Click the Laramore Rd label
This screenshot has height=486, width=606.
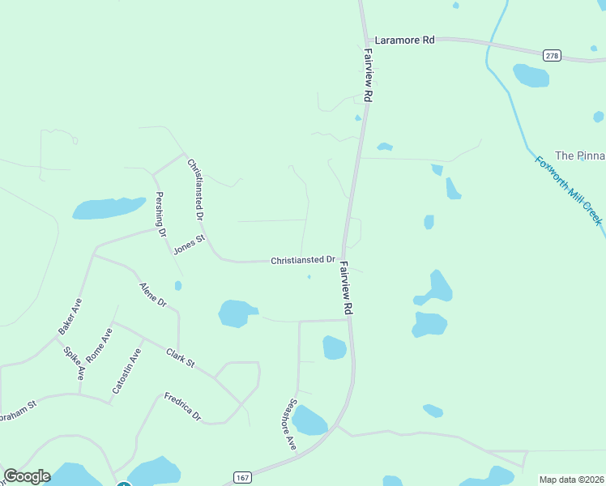404,39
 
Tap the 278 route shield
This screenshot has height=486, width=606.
552,55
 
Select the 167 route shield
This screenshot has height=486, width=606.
242,477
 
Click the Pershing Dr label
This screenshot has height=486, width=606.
161,214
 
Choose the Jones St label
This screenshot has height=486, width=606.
190,241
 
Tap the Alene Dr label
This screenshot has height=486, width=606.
152,295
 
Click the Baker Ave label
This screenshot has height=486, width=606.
70,317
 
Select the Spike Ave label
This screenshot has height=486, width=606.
74,361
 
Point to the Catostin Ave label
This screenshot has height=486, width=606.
127,369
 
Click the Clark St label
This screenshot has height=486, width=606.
181,357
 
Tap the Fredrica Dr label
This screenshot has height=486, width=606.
182,406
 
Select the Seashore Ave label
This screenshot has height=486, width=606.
289,424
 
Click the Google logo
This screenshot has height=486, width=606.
27,476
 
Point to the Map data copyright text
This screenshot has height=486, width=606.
571,480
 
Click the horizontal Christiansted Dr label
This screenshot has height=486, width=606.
303,259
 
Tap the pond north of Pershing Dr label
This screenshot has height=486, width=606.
108,208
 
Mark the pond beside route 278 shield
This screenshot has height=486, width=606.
531,75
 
